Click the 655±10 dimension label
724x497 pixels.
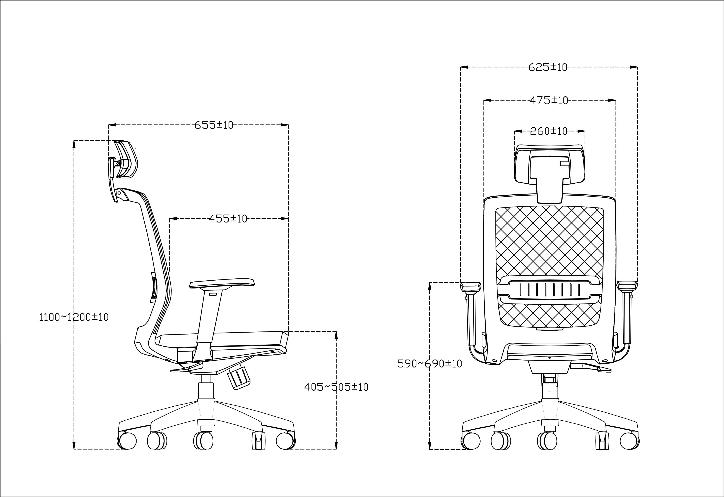coord(214,125)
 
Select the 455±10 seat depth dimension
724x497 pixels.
coord(228,219)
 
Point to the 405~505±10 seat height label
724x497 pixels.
coord(336,387)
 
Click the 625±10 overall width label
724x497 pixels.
coord(548,67)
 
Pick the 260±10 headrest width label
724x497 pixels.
coord(549,131)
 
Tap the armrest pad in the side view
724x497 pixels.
coord(222,283)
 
